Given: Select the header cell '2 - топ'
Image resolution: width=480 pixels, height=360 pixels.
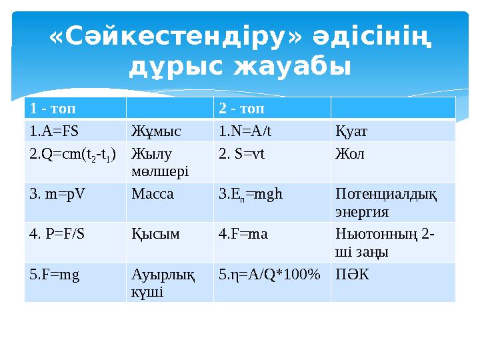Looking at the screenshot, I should [x=242, y=107].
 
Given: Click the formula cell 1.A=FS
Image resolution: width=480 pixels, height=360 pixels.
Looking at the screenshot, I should [x=59, y=130].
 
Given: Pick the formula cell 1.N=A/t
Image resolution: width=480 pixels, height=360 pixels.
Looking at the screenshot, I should [x=245, y=130].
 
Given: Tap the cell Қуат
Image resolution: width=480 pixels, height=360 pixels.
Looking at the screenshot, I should [x=351, y=130].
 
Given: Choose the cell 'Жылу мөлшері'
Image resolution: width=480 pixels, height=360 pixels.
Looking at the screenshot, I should [x=160, y=163].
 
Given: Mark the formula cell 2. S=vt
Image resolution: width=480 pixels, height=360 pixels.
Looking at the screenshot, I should [x=241, y=154].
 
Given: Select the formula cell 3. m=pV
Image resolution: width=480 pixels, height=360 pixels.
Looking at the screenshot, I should [x=57, y=195].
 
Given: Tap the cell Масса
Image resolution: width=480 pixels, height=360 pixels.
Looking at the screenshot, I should [x=153, y=195].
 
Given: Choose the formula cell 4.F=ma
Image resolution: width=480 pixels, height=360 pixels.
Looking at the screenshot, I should [x=243, y=235].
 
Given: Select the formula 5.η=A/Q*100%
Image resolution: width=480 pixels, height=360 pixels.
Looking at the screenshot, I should [x=269, y=275].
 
